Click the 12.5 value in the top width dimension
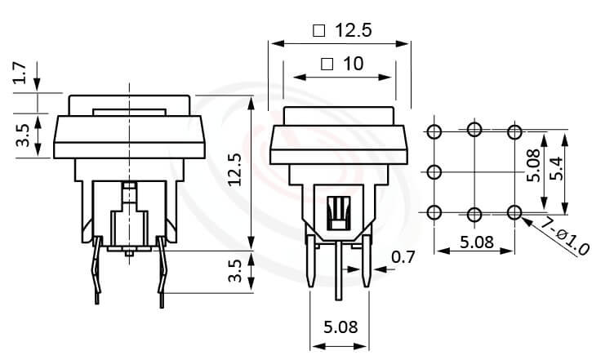(353, 31)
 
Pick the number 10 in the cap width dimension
(353, 64)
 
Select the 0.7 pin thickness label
(403, 258)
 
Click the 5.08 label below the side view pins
(340, 328)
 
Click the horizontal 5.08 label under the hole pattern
(475, 242)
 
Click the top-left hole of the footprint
(434, 131)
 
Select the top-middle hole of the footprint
(474, 129)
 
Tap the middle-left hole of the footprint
(434, 171)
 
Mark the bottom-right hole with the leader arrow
(514, 212)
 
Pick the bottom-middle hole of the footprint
(474, 213)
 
